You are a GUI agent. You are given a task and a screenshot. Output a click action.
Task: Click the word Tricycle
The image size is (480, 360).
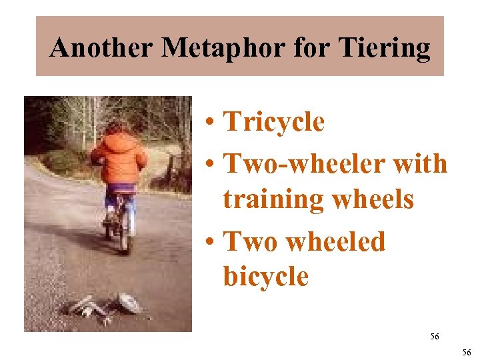pyautogui.click(x=273, y=123)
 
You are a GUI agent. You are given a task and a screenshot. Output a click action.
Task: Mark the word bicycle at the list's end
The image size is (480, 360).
pyautogui.click(x=266, y=275)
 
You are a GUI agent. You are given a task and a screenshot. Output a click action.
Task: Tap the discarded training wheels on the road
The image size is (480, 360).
pyautogui.click(x=107, y=307)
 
